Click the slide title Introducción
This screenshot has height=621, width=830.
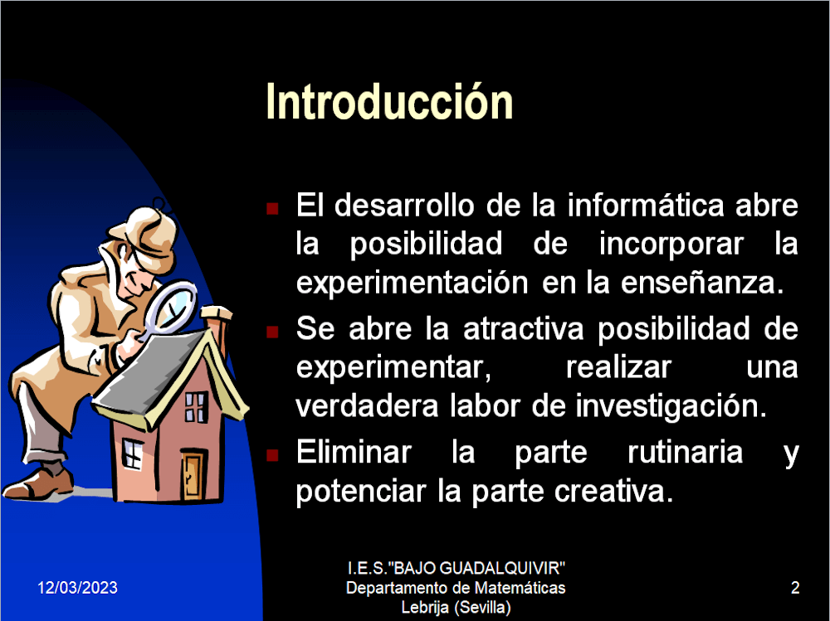389,101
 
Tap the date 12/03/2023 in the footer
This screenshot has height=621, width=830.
77,588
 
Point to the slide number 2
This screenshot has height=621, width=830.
795,588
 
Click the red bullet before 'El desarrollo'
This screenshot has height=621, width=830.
272,208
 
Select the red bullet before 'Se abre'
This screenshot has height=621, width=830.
272,332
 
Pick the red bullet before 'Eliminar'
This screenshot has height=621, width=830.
272,455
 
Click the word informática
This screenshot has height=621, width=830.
646,205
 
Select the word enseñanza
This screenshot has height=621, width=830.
702,283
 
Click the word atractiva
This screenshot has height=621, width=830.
524,328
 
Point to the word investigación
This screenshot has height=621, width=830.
671,407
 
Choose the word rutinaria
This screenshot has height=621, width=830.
686,452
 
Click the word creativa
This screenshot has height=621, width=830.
614,492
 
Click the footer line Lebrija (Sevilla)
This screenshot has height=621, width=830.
456,607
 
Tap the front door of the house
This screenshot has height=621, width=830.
193,474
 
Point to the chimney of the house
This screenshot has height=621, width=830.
217,328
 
